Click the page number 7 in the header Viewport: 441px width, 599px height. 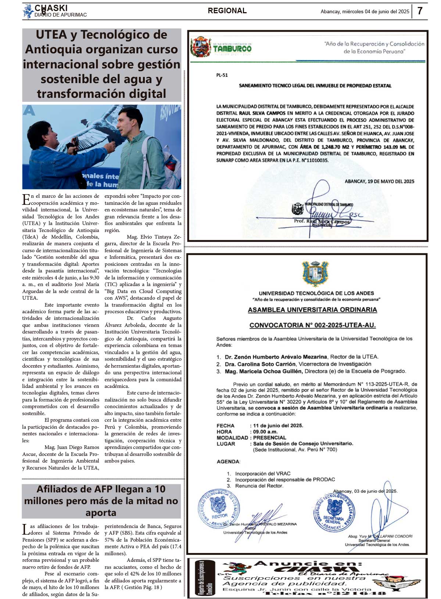click(x=420, y=11)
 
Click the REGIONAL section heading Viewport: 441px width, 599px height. click(x=227, y=11)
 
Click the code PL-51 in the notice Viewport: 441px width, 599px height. click(x=222, y=75)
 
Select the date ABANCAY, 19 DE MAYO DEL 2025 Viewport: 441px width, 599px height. click(x=379, y=181)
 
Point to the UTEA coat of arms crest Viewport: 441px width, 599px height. click(x=315, y=274)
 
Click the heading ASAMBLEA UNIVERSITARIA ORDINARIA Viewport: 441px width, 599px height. click(x=312, y=310)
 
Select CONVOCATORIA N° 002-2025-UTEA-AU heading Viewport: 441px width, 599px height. click(x=312, y=325)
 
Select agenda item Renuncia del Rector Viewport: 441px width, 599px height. click(x=259, y=486)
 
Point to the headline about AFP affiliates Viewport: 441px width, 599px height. click(x=101, y=500)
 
